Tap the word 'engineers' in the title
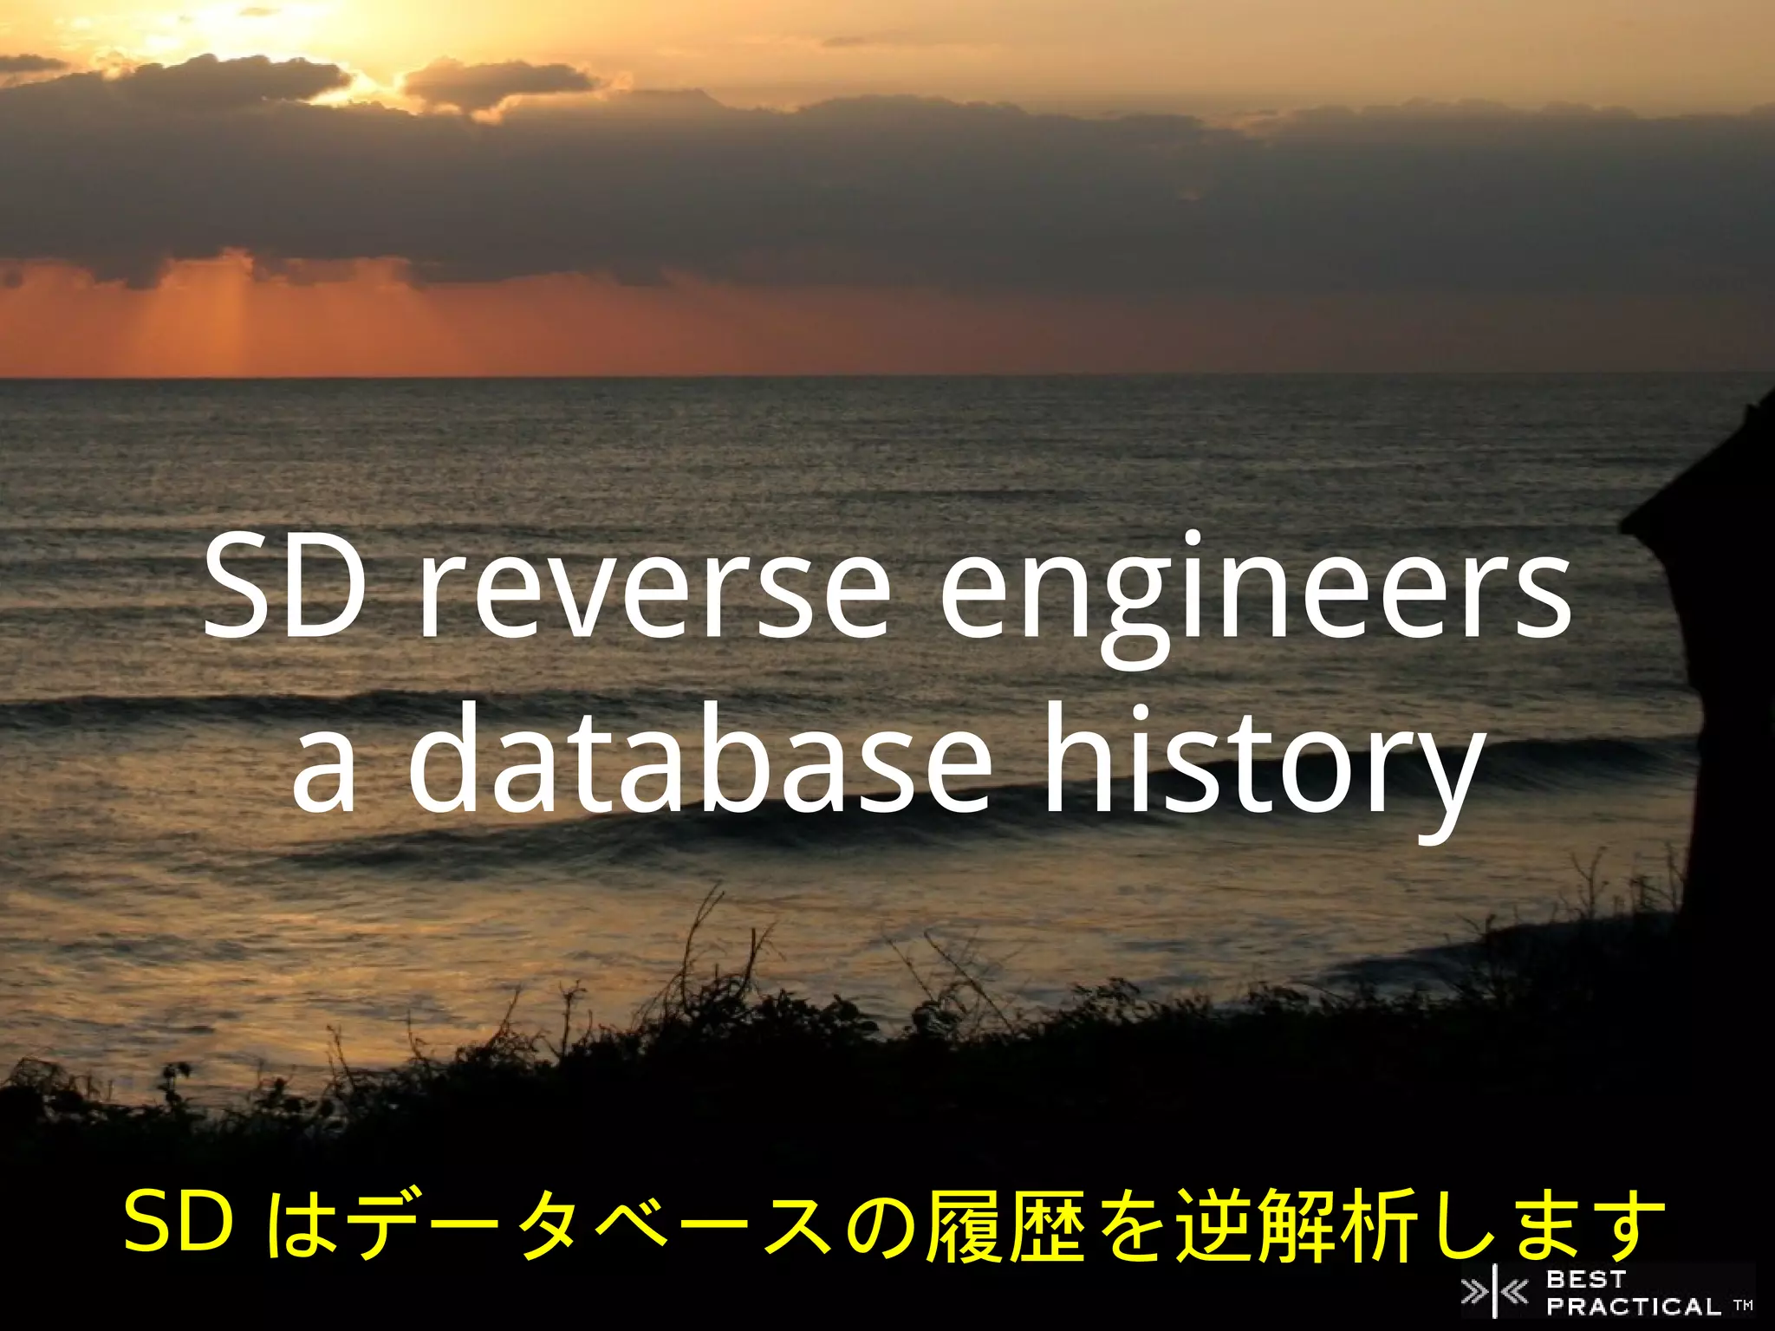[1256, 598]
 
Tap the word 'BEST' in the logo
[1585, 1279]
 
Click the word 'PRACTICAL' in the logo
[1634, 1306]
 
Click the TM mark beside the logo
[1743, 1305]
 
